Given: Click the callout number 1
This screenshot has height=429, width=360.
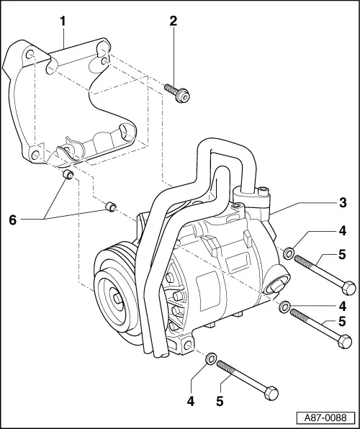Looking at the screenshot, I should (x=63, y=22).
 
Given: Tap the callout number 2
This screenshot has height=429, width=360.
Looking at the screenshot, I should (x=172, y=22).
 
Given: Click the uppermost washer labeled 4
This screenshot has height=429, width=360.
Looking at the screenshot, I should (x=289, y=253).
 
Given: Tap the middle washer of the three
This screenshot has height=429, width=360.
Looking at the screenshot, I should (x=285, y=308).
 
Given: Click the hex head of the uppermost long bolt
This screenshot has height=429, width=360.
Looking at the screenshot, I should (x=348, y=287).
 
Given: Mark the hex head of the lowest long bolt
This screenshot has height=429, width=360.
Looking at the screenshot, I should (x=271, y=395).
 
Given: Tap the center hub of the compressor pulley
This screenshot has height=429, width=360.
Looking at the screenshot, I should (x=117, y=297).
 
